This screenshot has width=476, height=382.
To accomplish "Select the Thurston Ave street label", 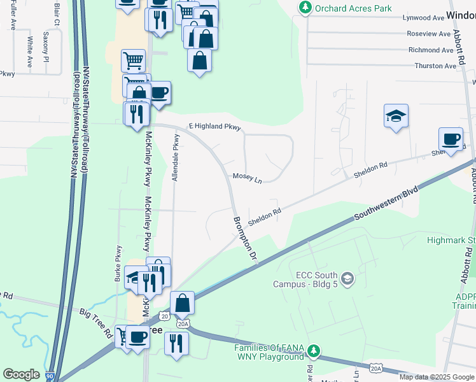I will pos(436,66).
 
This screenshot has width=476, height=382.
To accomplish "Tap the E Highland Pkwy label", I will pos(214,127).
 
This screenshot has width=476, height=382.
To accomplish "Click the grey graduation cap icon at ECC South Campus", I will pos(347,278).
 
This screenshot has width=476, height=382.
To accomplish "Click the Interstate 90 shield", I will pos(50,377).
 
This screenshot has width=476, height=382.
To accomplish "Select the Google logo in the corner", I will pos(22,374).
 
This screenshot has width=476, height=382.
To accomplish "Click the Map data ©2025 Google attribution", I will pos(437,377).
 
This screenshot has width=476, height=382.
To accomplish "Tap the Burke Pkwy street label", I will pos(118,264).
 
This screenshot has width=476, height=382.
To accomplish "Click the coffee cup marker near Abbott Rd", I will pos(451,139).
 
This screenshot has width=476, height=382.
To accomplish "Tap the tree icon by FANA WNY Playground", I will pos(313,351).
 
